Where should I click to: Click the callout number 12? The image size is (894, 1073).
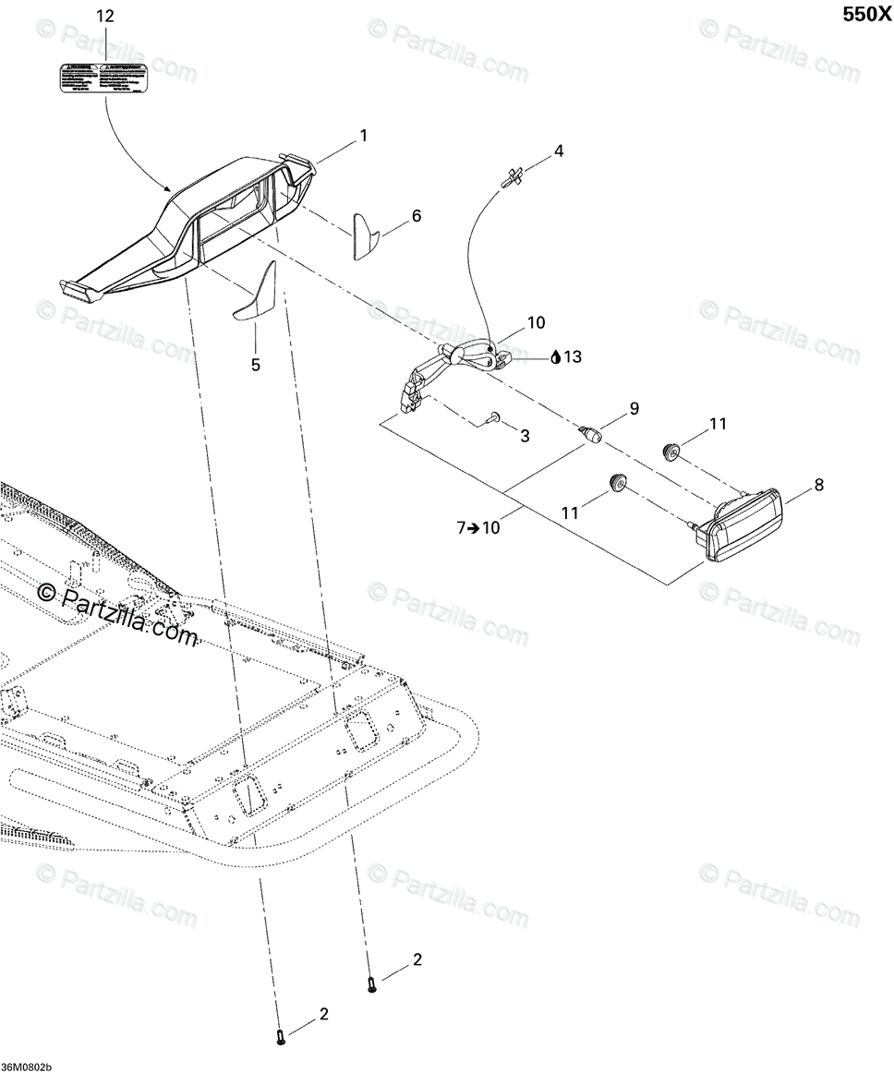coord(105,16)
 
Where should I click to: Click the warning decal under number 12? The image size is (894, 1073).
coord(103,77)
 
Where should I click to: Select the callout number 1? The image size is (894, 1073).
coord(364,136)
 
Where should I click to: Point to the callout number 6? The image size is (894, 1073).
coord(417,216)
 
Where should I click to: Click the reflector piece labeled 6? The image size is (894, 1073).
coord(364,236)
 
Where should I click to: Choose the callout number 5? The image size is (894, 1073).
coord(256,365)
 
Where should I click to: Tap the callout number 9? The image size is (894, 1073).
coord(634,407)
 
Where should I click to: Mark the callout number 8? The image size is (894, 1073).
coord(818,484)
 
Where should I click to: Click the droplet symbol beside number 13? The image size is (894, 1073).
coord(555,357)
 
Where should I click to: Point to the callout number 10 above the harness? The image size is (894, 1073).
coord(537,323)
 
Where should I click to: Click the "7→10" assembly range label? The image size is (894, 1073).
coord(478,528)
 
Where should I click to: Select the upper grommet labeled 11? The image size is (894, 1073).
coord(671,450)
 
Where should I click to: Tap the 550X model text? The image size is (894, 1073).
coord(862,15)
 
